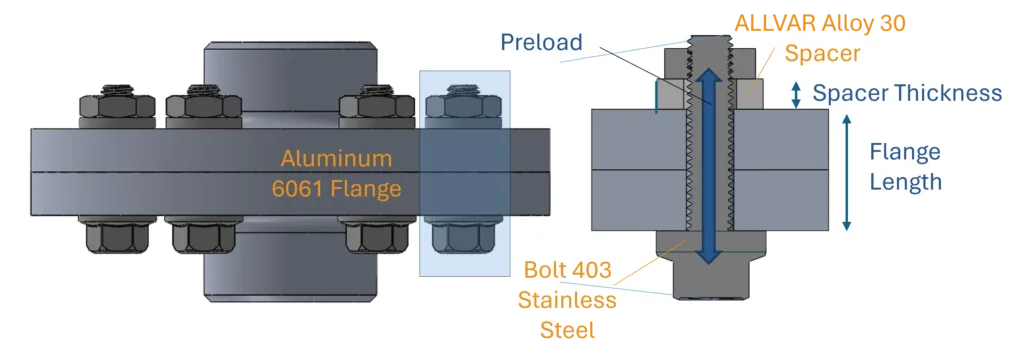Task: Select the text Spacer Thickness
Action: click(906, 94)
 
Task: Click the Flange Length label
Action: click(905, 167)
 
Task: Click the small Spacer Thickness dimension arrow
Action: click(796, 94)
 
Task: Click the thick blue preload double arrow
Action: click(708, 165)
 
